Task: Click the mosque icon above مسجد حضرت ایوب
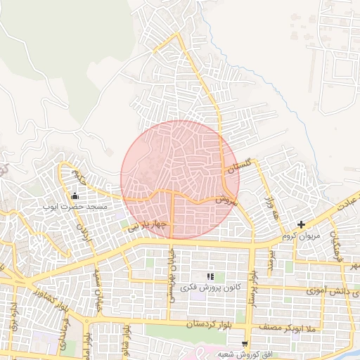click(75, 196)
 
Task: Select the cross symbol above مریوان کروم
click(302, 225)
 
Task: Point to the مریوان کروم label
click(302, 236)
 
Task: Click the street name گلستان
click(238, 166)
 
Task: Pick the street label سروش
click(224, 200)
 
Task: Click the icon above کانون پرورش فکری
click(210, 276)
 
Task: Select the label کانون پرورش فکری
click(210, 288)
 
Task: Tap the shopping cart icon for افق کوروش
click(244, 344)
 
